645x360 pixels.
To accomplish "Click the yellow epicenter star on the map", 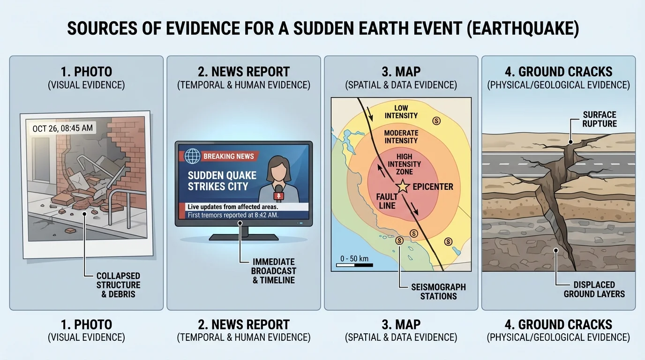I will tap(402, 187).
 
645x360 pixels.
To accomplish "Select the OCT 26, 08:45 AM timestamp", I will tap(63, 128).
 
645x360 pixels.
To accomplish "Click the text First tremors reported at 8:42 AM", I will tap(233, 215).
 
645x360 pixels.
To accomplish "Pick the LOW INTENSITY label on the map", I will tap(401, 112).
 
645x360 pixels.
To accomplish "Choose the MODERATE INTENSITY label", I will tap(401, 136).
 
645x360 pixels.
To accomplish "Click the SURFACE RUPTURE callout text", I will tap(600, 119).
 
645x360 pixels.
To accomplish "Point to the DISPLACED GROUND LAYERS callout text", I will tap(594, 289).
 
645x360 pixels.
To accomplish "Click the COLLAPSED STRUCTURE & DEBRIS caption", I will tap(118, 285).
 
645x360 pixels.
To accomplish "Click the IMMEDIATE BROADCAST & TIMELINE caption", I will tap(273, 270).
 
